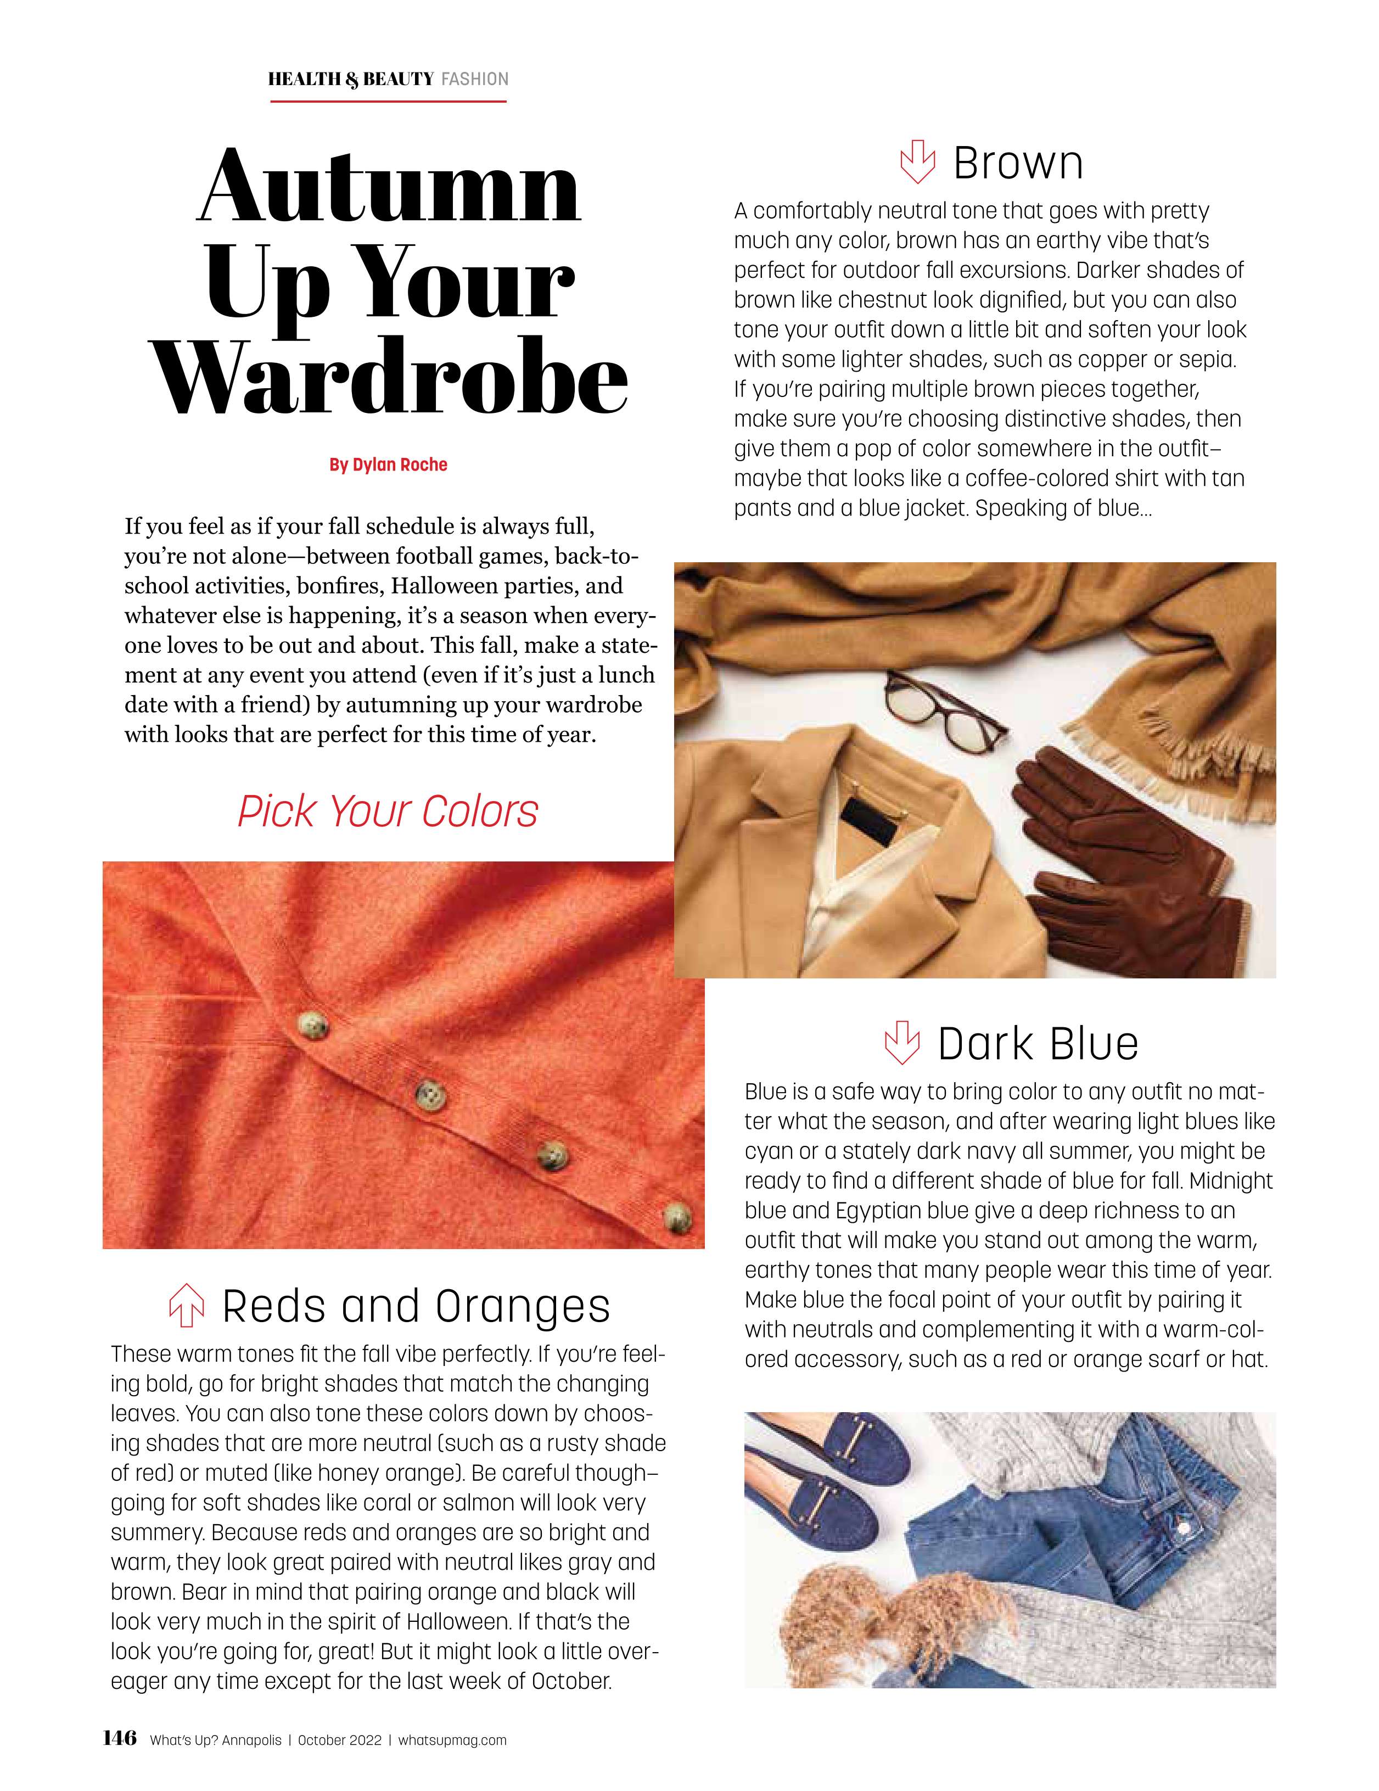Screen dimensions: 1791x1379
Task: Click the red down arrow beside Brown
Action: click(x=917, y=161)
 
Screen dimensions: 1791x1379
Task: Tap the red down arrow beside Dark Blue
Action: click(x=901, y=1042)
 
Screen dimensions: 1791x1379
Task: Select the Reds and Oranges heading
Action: click(x=416, y=1306)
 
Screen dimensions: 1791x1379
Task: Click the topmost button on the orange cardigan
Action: click(x=312, y=1026)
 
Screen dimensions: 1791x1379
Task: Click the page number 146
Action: click(x=120, y=1738)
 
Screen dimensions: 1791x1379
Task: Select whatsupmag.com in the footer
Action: click(x=452, y=1740)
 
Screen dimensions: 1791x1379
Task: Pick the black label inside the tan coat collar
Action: click(x=870, y=824)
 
